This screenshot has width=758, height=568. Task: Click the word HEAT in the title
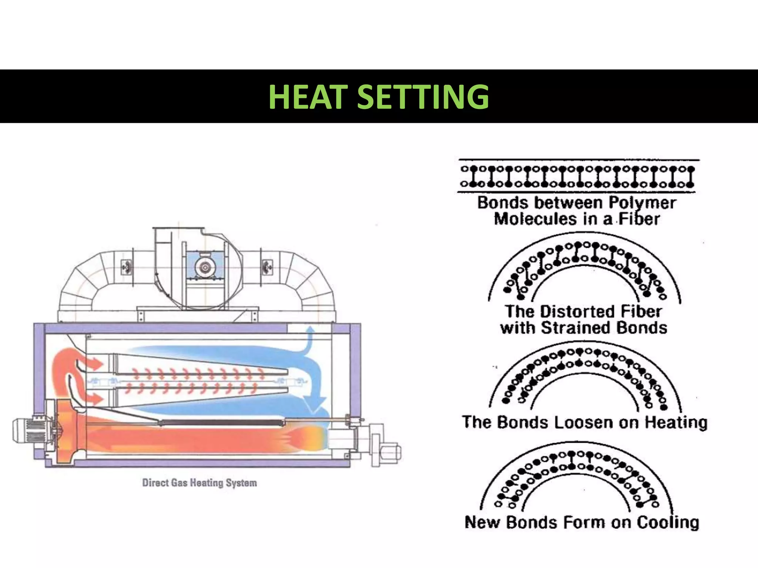pos(308,97)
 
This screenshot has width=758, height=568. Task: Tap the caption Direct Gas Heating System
pos(199,483)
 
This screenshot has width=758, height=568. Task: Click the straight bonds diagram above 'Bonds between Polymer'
pos(577,176)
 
